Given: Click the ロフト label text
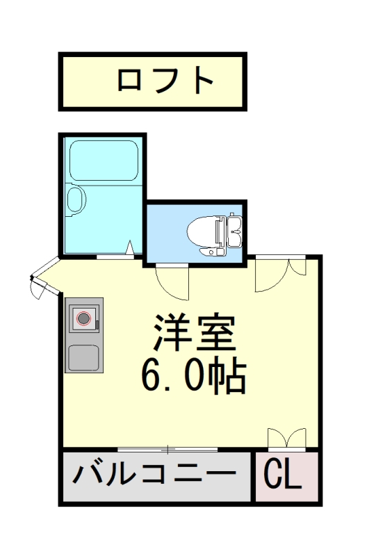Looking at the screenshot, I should [x=165, y=81].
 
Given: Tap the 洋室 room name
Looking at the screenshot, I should [x=195, y=335].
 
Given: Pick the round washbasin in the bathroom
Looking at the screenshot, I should [x=75, y=200].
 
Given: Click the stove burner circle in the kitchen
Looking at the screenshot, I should [x=83, y=319].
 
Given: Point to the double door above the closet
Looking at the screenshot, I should [x=286, y=439].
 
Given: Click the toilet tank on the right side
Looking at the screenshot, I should [x=234, y=231].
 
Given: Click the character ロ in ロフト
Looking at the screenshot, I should [x=129, y=81].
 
